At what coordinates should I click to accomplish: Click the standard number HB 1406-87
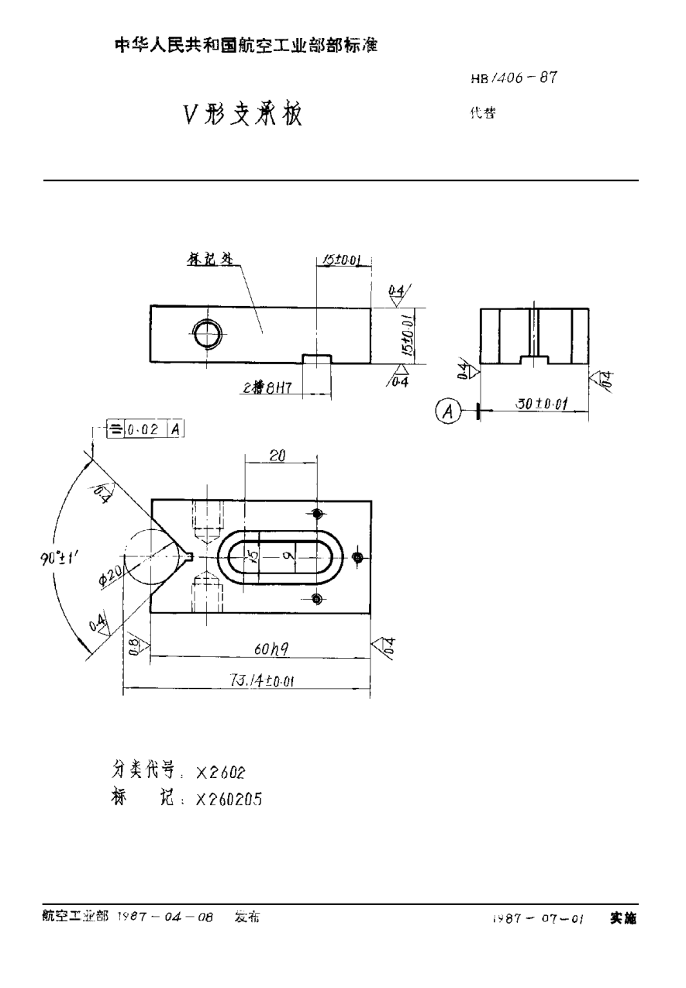(x=514, y=78)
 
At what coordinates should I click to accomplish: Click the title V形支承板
(x=242, y=115)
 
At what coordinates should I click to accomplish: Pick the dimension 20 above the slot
(x=278, y=458)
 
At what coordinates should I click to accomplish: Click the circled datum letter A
(x=446, y=411)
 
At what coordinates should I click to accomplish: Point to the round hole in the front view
(x=209, y=335)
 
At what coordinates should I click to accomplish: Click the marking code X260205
(x=229, y=800)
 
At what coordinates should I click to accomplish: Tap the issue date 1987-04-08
(x=164, y=917)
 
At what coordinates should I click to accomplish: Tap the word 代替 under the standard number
(x=482, y=112)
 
